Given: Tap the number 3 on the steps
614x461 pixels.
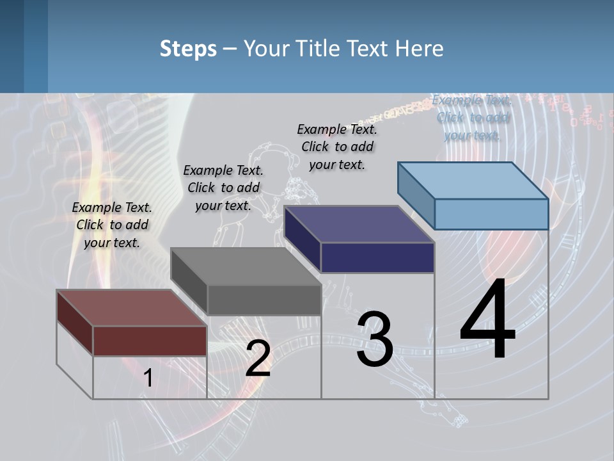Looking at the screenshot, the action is point(375,339).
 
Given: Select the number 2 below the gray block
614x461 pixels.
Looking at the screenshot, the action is point(258,358).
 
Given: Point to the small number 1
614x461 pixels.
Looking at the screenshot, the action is point(148,378).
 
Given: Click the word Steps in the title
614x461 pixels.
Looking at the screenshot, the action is point(188,49).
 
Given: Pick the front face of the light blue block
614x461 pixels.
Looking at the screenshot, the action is point(491,214).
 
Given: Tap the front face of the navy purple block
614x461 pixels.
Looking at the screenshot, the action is point(377,257).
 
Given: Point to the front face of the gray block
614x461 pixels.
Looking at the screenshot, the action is point(264,300).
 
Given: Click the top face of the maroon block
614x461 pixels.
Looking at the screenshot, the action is point(132,308).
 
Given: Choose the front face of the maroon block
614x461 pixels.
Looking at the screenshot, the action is point(150,341).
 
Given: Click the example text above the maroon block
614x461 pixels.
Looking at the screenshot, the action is point(112,225).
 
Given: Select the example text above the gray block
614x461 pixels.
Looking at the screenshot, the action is point(223,188).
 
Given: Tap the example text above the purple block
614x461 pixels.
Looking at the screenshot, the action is point(337,147).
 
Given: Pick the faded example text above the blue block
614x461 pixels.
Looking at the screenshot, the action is point(473,117).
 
